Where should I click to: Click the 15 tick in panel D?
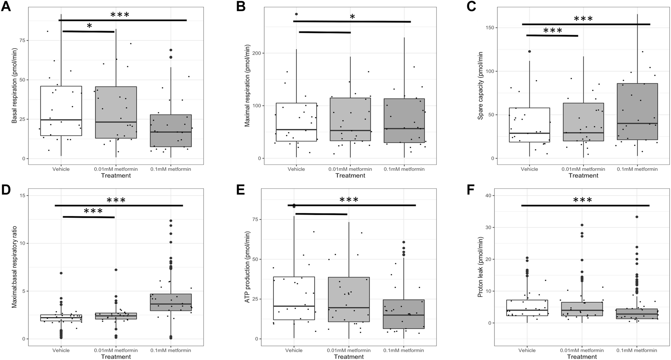point(23,196)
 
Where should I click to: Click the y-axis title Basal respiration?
point(14,86)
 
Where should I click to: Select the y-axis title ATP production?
point(247,270)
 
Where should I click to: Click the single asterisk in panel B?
point(352,17)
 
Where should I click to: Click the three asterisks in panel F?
point(583,200)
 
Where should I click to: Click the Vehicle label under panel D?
point(61,350)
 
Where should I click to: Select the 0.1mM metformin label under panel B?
point(404,169)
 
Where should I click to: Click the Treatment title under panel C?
point(583,175)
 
